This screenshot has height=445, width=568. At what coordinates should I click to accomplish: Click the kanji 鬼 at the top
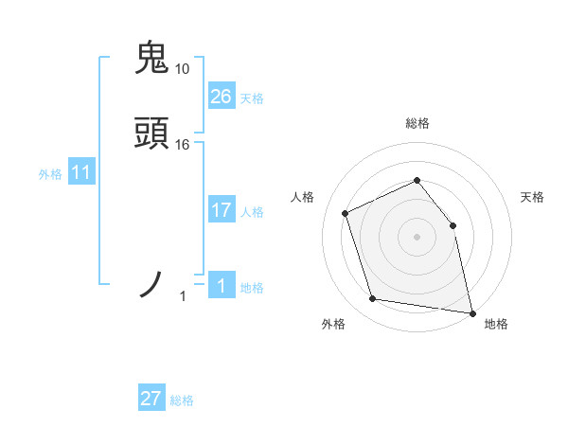pos(151,58)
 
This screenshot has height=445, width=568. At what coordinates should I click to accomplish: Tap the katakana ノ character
pos(151,284)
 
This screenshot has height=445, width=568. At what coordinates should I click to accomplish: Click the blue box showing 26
pos(222,96)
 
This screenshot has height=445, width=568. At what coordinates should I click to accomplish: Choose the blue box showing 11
pos(81,172)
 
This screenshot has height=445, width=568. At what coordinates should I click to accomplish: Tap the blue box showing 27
pos(151,399)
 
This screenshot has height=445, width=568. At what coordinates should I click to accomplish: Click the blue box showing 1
pos(222,285)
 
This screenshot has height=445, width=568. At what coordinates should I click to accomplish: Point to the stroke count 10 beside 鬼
pos(183,69)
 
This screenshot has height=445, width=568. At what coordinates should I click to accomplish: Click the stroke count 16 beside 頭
pos(183,145)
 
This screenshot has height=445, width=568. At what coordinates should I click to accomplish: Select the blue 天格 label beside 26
pos(252,98)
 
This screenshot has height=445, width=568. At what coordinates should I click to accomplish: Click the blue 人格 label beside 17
pos(252,212)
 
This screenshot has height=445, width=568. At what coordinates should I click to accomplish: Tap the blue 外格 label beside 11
pos(50,174)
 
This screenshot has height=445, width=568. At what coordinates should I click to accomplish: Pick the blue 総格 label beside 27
pos(182,401)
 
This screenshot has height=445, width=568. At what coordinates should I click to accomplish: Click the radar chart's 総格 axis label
pos(417,123)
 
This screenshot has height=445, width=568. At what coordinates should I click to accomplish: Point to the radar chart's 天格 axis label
pos(533,197)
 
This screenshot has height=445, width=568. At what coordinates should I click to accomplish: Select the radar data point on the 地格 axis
pos(470,311)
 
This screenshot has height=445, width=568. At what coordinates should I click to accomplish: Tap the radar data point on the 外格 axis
pos(373,299)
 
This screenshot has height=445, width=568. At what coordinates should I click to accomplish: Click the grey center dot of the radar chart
pos(417,237)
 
